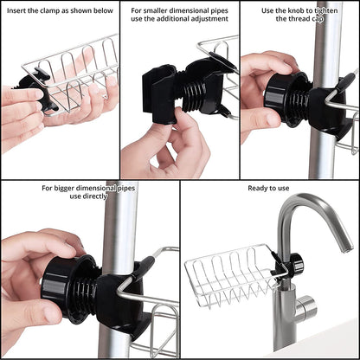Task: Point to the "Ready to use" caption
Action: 269,188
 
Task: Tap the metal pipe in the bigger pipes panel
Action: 121,225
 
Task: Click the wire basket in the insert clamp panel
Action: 82,69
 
